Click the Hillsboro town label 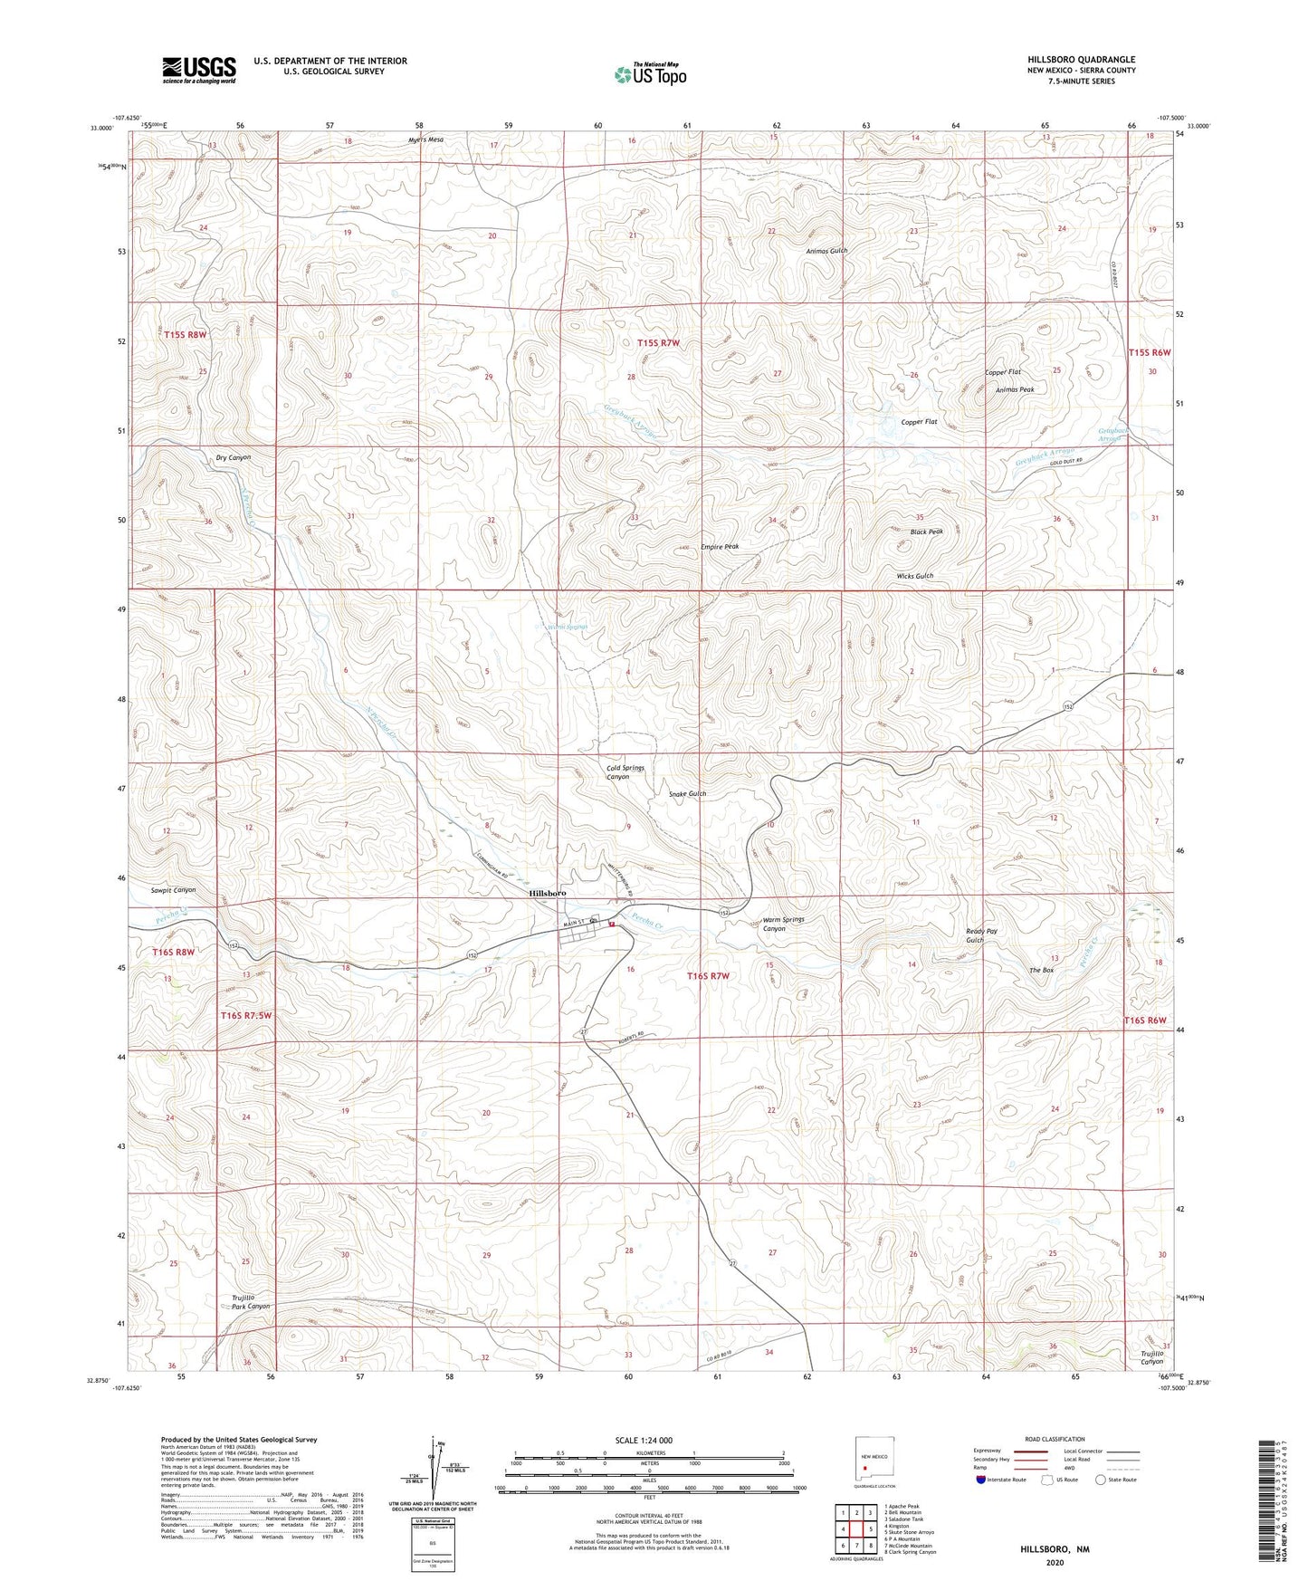coord(548,893)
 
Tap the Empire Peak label coord(720,547)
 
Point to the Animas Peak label coord(1014,389)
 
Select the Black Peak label coord(927,532)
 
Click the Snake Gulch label coord(687,793)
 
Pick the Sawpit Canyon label coord(173,890)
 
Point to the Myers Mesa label coord(425,140)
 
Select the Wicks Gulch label coord(914,576)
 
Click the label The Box coord(1041,970)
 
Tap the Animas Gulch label coord(827,251)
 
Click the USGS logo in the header coord(199,70)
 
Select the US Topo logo coord(649,74)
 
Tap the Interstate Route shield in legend coord(981,1480)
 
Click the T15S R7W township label coord(658,343)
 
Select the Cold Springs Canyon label coord(625,772)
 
